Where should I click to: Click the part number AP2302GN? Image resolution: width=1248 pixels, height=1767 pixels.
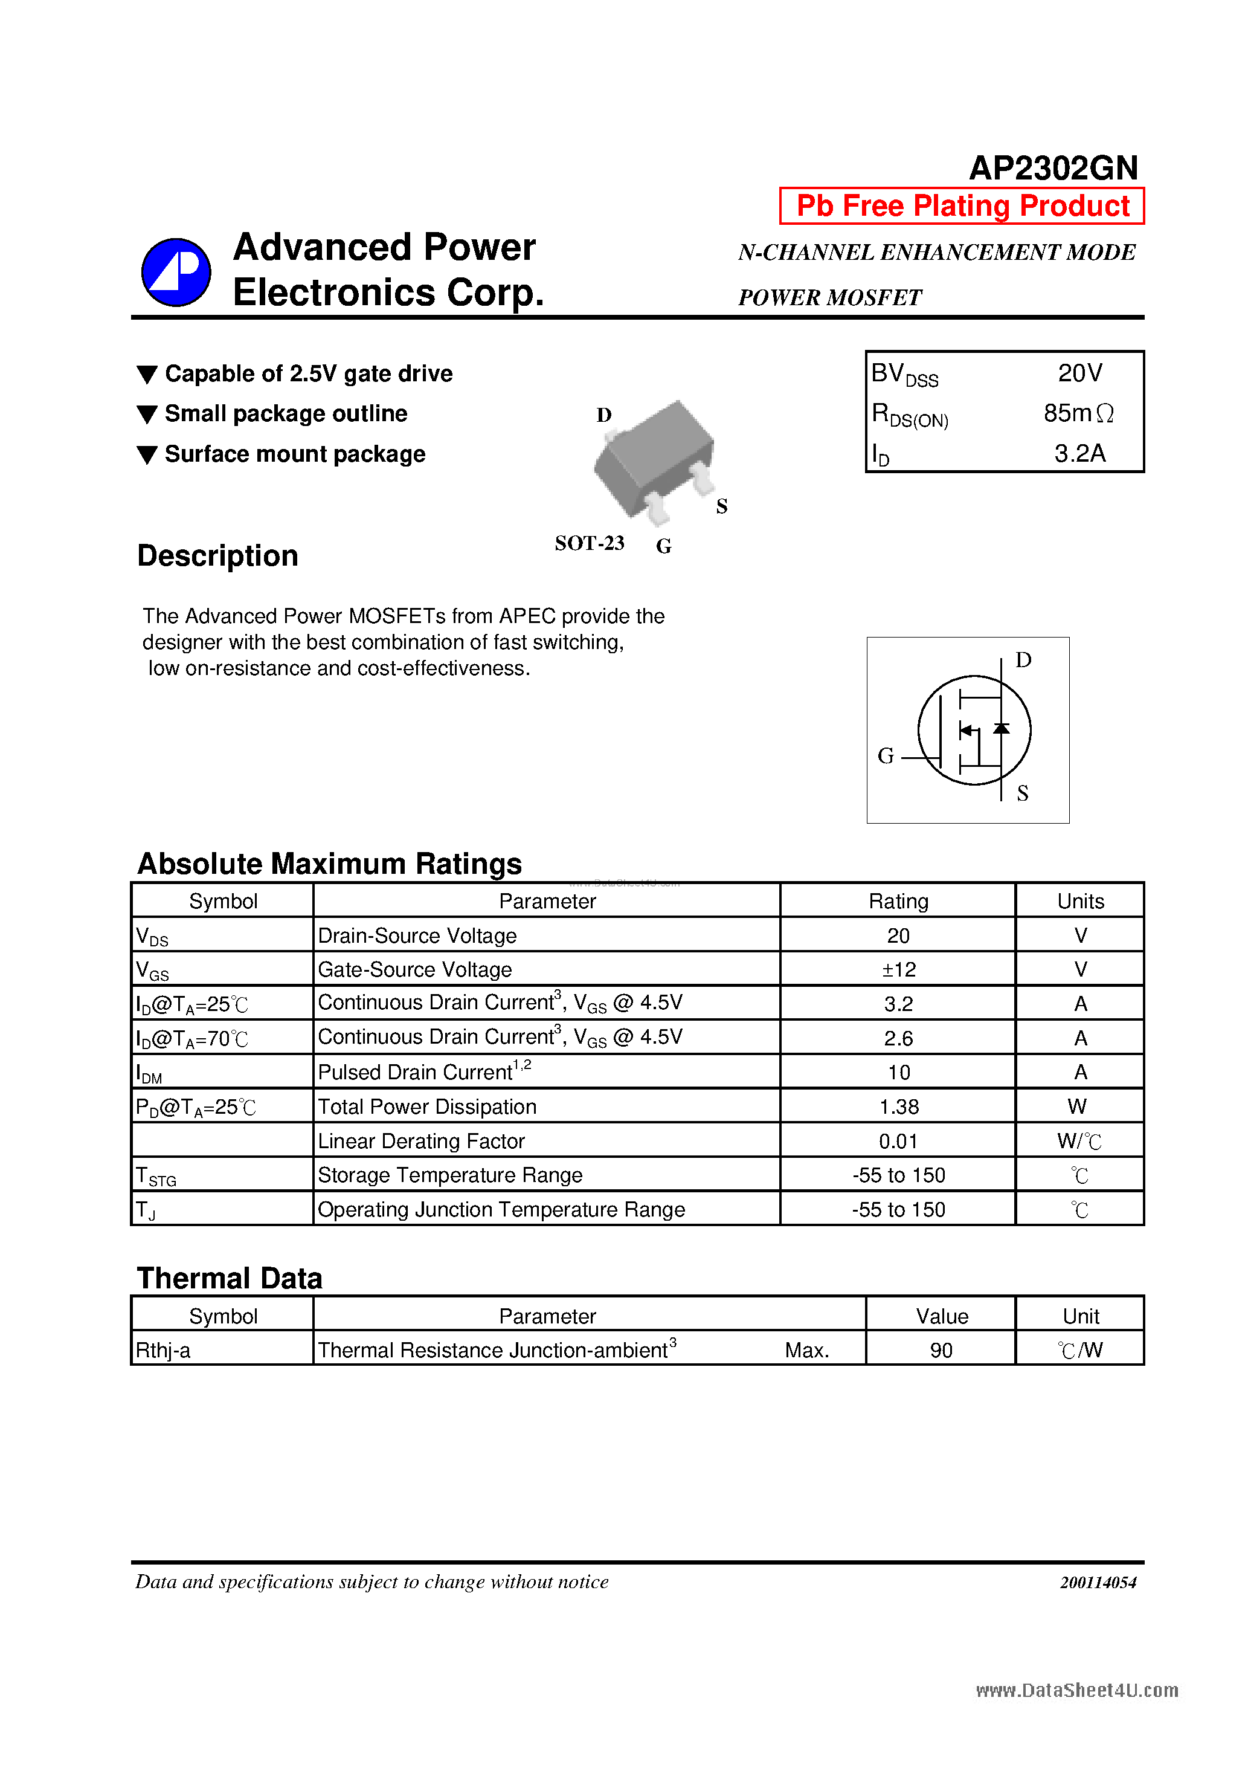click(1052, 168)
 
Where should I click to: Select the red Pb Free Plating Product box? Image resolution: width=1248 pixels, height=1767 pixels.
click(961, 206)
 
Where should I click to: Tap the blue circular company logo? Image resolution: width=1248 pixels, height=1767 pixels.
click(176, 272)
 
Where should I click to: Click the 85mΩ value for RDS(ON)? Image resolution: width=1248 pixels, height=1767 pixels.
click(1077, 414)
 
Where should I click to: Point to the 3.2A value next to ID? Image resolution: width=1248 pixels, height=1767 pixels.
click(1079, 453)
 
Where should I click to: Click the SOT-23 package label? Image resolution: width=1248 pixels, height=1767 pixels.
click(590, 543)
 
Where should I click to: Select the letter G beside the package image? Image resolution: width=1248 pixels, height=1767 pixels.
click(663, 546)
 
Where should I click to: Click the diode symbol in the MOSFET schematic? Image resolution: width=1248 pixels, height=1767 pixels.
click(1001, 728)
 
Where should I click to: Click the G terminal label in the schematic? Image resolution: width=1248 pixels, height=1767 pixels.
click(886, 757)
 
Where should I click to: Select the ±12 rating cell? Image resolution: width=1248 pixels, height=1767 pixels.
click(898, 970)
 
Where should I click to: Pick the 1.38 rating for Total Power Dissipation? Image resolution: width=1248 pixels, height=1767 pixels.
click(898, 1106)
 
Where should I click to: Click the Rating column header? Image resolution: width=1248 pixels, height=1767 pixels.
click(898, 901)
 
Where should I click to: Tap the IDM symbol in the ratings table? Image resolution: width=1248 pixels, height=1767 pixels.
click(149, 1073)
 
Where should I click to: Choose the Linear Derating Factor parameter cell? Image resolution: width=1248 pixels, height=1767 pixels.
click(421, 1142)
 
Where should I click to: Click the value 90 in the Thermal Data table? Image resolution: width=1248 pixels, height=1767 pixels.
click(941, 1351)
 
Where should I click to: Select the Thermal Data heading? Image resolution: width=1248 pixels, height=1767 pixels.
click(230, 1278)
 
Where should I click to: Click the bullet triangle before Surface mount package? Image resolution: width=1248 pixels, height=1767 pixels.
click(147, 455)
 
